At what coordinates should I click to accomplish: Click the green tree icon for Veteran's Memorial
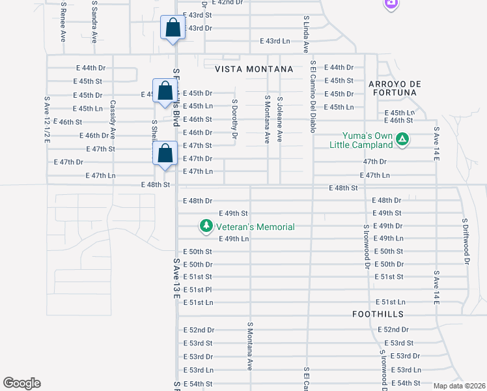point(206,226)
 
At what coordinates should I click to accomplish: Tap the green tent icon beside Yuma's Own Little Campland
point(403,138)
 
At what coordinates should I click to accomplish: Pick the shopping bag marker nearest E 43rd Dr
point(172,29)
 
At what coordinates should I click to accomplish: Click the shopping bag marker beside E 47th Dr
point(165,154)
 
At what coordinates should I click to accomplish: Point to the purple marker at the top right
point(391,3)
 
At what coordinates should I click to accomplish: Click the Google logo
point(21,383)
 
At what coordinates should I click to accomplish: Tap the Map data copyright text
point(459,386)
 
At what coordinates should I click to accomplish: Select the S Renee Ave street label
point(63,22)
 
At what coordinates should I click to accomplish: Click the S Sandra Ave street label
point(94,22)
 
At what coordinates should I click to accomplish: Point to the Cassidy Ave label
point(112,119)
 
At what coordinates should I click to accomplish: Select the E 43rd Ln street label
point(274,40)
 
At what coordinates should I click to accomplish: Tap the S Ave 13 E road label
point(176,278)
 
